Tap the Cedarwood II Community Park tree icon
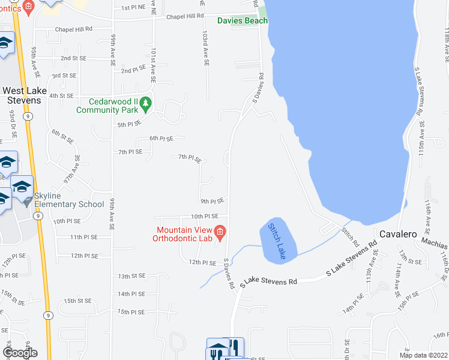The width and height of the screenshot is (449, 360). point(145,106)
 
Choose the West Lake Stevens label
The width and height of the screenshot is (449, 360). point(22,95)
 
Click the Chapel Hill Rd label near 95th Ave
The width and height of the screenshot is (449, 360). point(73,28)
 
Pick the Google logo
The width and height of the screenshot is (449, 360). point(19,352)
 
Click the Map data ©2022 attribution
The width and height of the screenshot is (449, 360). point(423,355)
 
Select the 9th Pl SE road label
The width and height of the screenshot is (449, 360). point(212,201)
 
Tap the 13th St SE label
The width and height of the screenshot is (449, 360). point(131,276)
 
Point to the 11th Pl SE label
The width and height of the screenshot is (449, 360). point(84,238)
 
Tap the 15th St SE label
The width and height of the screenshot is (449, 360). point(77,301)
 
